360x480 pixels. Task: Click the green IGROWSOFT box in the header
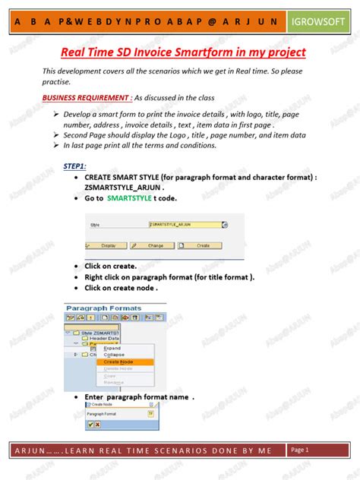coord(317,24)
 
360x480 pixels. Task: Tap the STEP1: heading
coord(74,166)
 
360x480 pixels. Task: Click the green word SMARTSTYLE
coord(129,197)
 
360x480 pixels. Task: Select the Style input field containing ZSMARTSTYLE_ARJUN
coord(186,225)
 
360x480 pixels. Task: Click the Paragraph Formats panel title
coord(104,308)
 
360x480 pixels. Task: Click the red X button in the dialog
coord(99,425)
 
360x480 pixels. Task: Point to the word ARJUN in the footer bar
coord(28,451)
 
